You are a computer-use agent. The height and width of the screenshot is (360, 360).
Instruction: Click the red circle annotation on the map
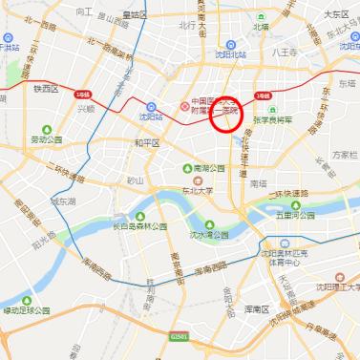[x=228, y=116]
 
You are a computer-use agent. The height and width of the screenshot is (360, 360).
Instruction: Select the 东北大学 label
[x=201, y=187]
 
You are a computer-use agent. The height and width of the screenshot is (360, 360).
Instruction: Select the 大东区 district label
[x=335, y=14]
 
